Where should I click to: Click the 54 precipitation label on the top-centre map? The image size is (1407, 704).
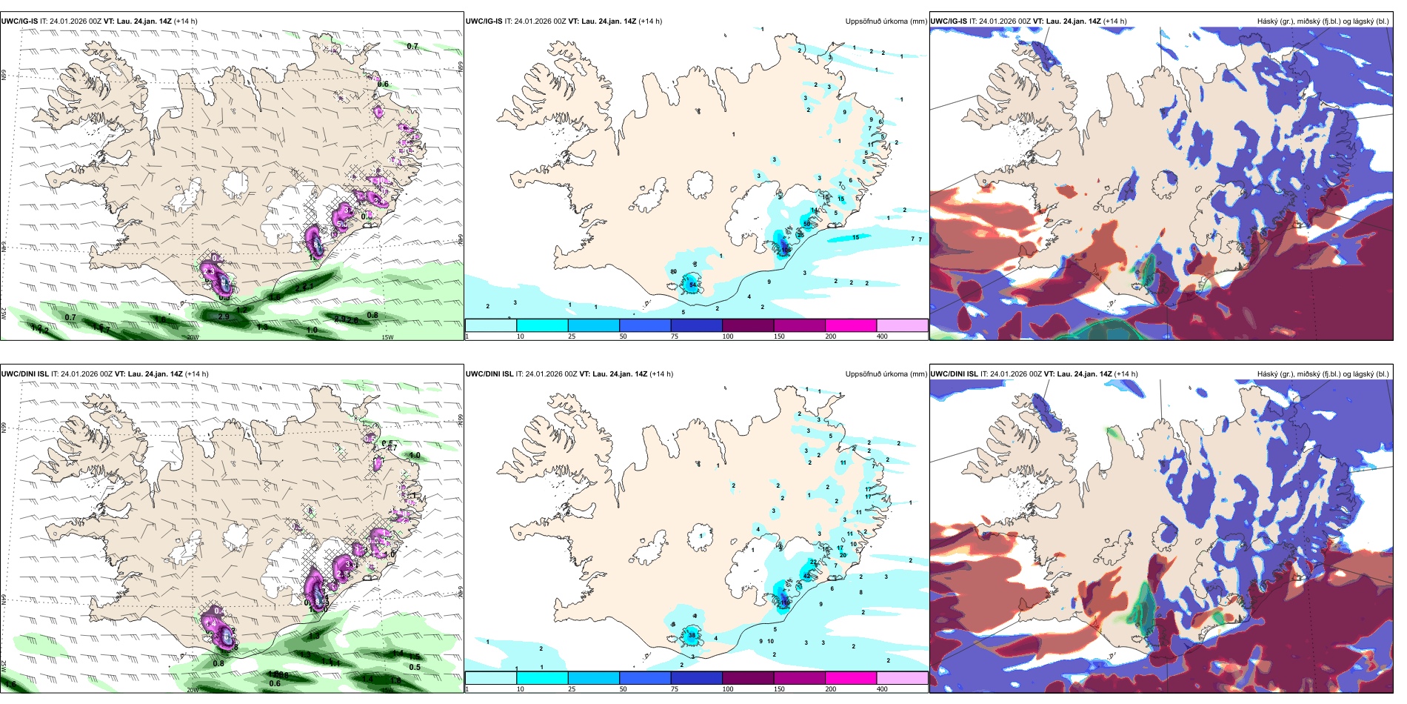click(x=693, y=285)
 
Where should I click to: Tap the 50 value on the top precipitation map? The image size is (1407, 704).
click(x=807, y=224)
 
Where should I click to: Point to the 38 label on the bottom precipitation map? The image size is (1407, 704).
click(x=692, y=635)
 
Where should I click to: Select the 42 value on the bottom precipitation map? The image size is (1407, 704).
click(x=807, y=576)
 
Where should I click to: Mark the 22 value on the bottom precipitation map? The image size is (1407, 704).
click(x=813, y=562)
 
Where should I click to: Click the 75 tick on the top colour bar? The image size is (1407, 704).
click(x=675, y=336)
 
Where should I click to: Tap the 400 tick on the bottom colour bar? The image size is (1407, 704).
click(x=882, y=689)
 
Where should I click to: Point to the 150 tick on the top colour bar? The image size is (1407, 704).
click(x=779, y=336)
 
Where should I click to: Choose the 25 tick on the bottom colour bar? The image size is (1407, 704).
click(x=572, y=689)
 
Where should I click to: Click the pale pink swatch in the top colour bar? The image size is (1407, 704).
click(x=902, y=325)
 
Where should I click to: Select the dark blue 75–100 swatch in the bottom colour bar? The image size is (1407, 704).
click(x=696, y=678)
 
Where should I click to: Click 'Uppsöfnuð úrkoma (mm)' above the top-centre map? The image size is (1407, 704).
click(x=886, y=21)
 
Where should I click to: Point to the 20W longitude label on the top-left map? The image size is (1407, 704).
click(x=193, y=337)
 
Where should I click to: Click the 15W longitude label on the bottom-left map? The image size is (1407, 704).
click(x=387, y=690)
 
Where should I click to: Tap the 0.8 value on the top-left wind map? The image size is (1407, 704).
click(x=372, y=315)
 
